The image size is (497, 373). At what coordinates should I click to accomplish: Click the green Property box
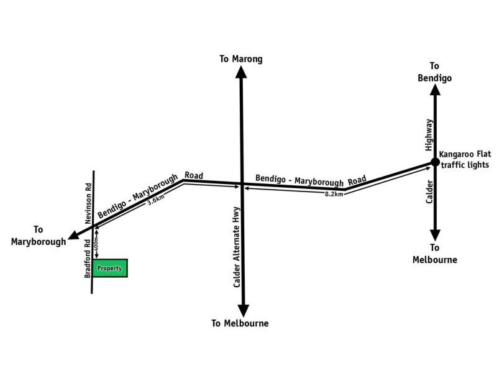(x=112, y=268)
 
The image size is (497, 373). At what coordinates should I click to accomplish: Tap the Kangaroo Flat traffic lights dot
(x=435, y=163)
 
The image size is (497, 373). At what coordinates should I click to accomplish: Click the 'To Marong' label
(x=241, y=59)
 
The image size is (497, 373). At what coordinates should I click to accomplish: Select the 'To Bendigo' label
(x=434, y=72)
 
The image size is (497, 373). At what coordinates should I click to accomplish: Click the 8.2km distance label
(x=334, y=194)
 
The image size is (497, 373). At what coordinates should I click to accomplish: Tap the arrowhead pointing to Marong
(x=241, y=72)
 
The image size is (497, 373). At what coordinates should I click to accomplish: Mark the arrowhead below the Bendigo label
(x=435, y=91)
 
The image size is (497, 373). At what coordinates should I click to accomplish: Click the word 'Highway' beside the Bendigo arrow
(x=428, y=135)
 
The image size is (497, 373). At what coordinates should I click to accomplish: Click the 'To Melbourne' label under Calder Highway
(x=435, y=254)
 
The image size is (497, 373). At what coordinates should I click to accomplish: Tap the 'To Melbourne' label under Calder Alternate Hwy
(x=240, y=323)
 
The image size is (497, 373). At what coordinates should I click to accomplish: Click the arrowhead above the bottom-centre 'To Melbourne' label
(x=243, y=309)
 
